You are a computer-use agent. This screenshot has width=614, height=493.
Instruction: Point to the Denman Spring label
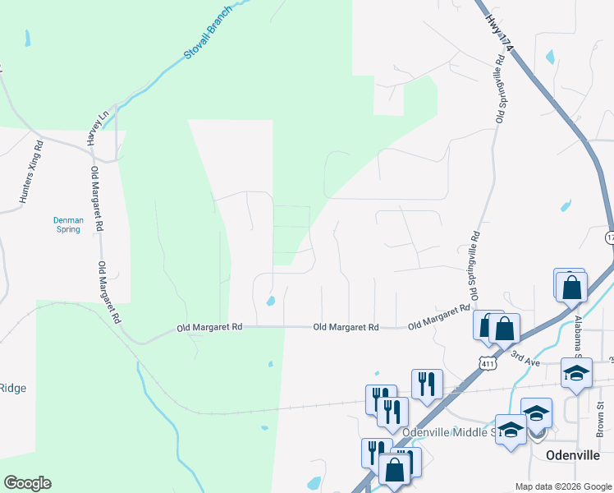[67, 224]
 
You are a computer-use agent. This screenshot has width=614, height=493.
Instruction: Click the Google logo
[27, 483]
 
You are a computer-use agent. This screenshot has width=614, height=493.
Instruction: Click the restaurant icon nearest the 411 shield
[427, 382]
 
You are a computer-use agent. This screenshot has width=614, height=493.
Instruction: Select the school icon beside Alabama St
[576, 372]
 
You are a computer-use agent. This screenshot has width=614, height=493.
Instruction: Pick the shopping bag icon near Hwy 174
[572, 288]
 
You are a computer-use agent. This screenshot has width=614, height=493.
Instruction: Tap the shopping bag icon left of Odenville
[394, 469]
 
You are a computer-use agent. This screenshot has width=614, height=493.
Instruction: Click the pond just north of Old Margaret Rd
[270, 301]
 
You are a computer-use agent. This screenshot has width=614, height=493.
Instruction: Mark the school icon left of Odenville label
[511, 431]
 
